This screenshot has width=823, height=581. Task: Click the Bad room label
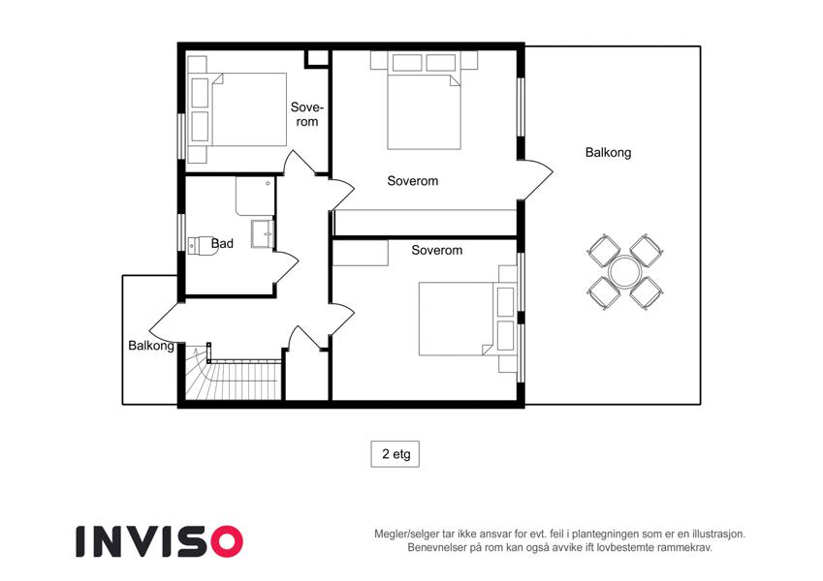(x=222, y=243)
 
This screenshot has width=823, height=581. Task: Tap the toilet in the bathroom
(x=203, y=245)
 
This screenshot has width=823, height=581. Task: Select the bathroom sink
(x=263, y=233)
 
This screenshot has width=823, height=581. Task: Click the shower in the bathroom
(x=255, y=197)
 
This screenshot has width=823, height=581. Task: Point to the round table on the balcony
(x=623, y=272)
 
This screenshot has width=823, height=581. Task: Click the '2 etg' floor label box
(x=396, y=454)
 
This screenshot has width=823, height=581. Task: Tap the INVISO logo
(x=160, y=541)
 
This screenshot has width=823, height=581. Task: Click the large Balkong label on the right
(x=609, y=153)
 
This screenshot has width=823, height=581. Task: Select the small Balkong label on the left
(x=151, y=346)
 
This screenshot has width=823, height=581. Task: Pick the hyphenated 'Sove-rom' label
(x=307, y=114)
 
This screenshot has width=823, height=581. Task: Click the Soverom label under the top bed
(x=413, y=181)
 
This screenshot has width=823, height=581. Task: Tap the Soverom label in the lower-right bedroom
(x=436, y=250)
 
